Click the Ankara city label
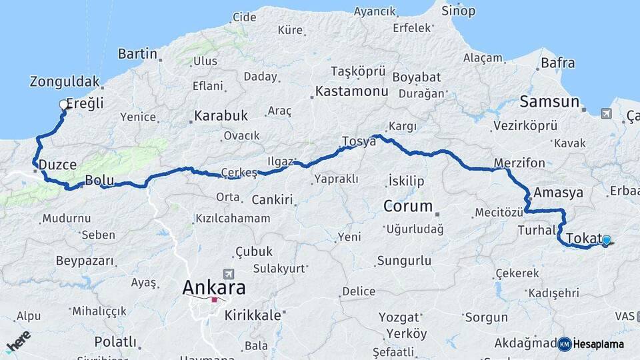tap(214, 288)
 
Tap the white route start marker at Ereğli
tap(64, 104)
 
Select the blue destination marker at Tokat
tap(606, 240)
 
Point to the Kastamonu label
tap(352, 91)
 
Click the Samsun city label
tap(549, 102)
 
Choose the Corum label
tap(408, 206)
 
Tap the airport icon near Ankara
tap(230, 273)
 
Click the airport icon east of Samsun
tap(605, 113)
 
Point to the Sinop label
tap(459, 11)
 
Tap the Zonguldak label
tap(64, 82)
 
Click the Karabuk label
tap(221, 116)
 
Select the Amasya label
tap(559, 193)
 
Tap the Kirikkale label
tap(253, 315)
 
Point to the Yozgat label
tap(399, 317)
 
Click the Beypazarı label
tap(85, 260)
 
